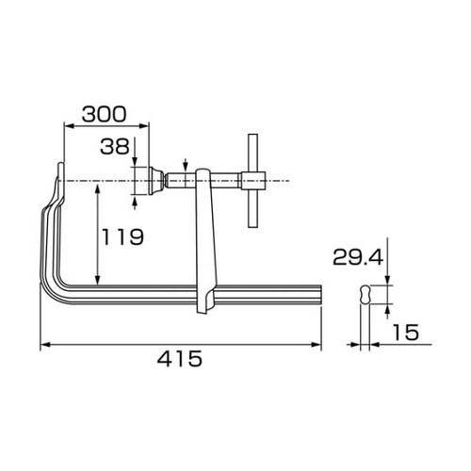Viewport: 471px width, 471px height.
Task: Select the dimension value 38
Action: (118, 146)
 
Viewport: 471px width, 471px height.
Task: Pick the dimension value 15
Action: (406, 332)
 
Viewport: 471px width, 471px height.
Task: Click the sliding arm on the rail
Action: (203, 245)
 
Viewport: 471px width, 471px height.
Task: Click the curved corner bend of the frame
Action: (49, 273)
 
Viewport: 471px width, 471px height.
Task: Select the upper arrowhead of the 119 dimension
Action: (96, 188)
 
